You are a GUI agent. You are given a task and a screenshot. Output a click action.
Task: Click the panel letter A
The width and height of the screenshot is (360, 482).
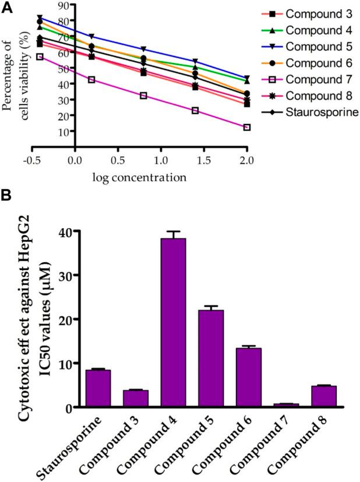(8, 6)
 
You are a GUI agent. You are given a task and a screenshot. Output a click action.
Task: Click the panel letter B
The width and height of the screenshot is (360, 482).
(8, 197)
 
